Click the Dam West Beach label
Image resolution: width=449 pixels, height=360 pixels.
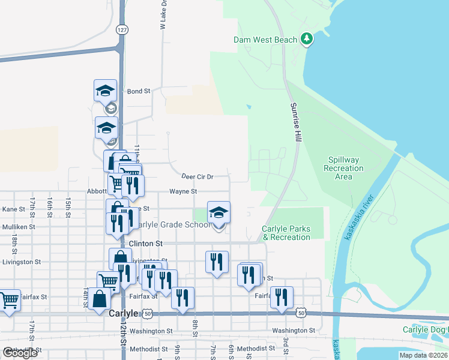click(265, 40)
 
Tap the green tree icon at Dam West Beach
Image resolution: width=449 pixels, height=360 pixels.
click(307, 39)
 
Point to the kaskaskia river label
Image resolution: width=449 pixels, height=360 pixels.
click(359, 218)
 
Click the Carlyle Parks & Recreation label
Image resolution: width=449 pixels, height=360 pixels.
click(286, 233)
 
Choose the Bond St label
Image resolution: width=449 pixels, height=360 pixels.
click(138, 91)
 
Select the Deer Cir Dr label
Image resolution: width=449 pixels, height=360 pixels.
click(197, 176)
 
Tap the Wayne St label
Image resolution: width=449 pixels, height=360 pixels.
click(182, 191)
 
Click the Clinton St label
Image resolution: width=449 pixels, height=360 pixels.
click(146, 244)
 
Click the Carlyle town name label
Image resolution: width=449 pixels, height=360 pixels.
click(124, 313)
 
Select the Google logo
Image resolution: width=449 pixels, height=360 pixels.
click(20, 353)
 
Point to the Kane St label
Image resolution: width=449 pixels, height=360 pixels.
click(13, 209)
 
